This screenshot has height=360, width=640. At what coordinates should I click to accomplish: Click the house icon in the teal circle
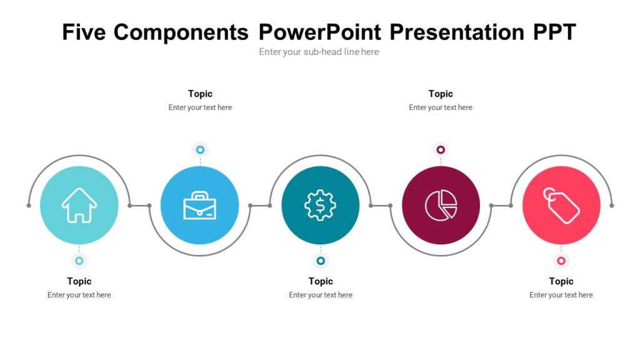[79, 205]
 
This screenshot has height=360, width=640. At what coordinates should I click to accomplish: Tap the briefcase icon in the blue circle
[199, 205]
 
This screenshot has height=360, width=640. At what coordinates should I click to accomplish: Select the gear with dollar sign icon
[320, 205]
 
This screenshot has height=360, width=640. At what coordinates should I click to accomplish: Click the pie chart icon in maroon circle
[441, 205]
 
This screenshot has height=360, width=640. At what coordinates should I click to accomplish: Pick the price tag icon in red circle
[561, 205]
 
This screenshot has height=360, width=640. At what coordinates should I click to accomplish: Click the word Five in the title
[84, 31]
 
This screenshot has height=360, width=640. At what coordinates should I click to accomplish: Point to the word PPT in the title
[554, 31]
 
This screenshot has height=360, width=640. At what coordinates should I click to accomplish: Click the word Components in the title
[181, 31]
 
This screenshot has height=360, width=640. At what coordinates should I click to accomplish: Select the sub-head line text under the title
[319, 52]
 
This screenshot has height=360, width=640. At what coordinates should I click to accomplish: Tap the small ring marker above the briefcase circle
[200, 150]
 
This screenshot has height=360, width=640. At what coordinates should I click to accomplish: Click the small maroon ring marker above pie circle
[441, 150]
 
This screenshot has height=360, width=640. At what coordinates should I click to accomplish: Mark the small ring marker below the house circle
[79, 261]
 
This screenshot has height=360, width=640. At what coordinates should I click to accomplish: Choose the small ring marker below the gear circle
[321, 261]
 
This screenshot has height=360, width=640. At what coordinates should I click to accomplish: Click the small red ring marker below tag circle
[561, 261]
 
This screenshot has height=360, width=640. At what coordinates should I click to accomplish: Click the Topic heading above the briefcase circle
[200, 94]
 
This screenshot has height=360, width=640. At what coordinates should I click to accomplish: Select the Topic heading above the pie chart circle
[441, 94]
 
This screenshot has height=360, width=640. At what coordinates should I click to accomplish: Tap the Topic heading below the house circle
[79, 281]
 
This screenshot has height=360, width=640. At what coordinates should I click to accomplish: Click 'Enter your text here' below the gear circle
[321, 295]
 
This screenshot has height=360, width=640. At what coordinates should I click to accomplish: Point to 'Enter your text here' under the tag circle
[561, 295]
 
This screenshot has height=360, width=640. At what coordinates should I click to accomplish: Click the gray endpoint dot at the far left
[29, 206]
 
